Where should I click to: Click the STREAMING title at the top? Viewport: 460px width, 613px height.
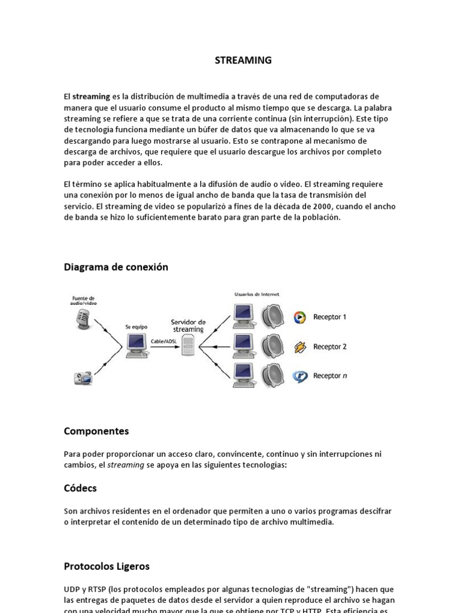pyautogui.click(x=243, y=60)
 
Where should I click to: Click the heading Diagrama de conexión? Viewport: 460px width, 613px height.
pyautogui.click(x=116, y=267)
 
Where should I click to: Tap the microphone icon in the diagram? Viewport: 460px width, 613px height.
pyautogui.click(x=82, y=318)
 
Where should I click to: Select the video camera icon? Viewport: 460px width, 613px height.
pyautogui.click(x=82, y=378)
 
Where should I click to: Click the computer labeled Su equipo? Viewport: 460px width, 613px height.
pyautogui.click(x=136, y=345)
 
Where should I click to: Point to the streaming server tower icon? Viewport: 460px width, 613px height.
pyautogui.click(x=188, y=345)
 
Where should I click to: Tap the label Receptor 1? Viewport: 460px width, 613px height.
pyautogui.click(x=329, y=317)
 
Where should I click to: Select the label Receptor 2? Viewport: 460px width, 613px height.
pyautogui.click(x=329, y=347)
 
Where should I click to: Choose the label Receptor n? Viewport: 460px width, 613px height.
pyautogui.click(x=329, y=376)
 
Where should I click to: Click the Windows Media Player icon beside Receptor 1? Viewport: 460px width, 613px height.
pyautogui.click(x=299, y=317)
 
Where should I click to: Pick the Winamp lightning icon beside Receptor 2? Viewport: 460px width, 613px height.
pyautogui.click(x=299, y=347)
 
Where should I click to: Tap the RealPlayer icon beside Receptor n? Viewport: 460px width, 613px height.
pyautogui.click(x=299, y=377)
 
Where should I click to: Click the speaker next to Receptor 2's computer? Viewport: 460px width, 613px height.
pyautogui.click(x=273, y=346)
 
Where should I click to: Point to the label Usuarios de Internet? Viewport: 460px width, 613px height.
pyautogui.click(x=256, y=294)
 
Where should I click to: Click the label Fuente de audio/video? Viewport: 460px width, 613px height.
pyautogui.click(x=83, y=301)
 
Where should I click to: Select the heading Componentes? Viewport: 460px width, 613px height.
pyautogui.click(x=96, y=431)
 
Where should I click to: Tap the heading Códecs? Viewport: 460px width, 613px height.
pyautogui.click(x=80, y=488)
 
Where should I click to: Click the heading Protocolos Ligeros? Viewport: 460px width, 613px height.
pyautogui.click(x=107, y=566)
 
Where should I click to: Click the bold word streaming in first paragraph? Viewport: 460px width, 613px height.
pyautogui.click(x=91, y=96)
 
